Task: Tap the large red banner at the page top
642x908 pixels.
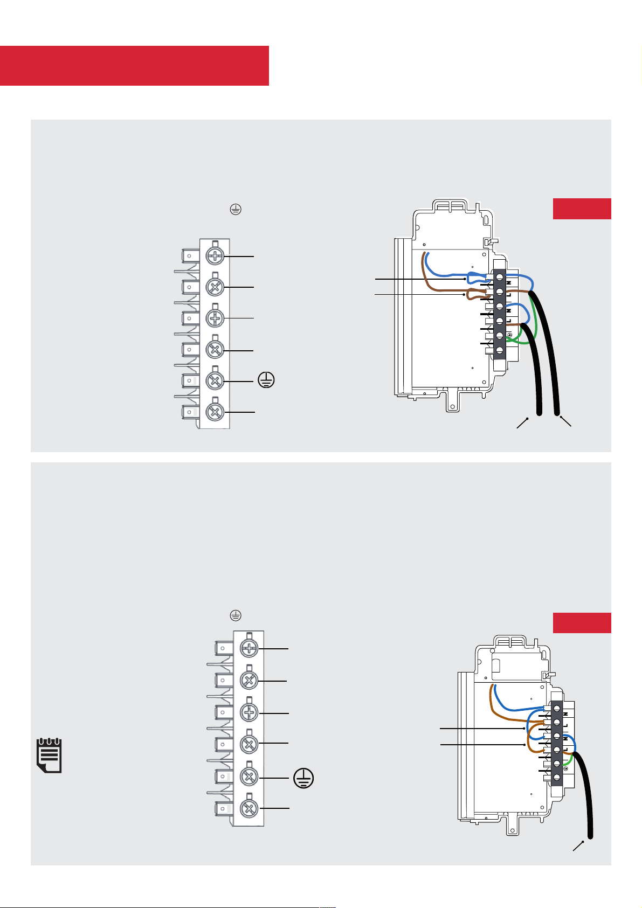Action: pos(134,65)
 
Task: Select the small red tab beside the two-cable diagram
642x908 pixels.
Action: pos(582,209)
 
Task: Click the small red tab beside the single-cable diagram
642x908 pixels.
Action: pos(582,622)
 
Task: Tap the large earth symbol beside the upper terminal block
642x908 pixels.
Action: pos(266,380)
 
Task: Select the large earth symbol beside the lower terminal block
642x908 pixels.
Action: pos(303,778)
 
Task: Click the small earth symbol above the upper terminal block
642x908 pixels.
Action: pos(235,210)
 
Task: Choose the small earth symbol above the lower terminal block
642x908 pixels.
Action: pos(235,615)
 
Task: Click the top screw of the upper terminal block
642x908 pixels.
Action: pos(215,257)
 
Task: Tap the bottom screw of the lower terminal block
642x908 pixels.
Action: pos(248,808)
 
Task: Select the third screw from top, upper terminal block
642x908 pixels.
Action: pos(215,318)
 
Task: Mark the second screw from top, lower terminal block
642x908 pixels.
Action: pos(248,681)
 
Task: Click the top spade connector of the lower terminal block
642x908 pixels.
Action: pos(223,648)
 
